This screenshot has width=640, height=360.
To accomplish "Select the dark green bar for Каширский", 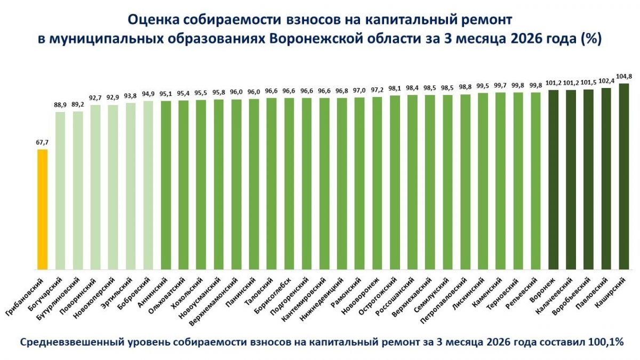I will [624, 176].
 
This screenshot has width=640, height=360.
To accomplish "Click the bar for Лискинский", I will [483, 181].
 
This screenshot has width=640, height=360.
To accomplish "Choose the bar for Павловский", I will [606, 178].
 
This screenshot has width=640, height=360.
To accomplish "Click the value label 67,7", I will [42, 143].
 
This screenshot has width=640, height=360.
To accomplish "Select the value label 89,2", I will [78, 105].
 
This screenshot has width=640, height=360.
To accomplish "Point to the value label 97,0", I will [360, 91].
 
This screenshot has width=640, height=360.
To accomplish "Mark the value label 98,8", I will [466, 87].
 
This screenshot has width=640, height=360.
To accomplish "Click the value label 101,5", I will [589, 83].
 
